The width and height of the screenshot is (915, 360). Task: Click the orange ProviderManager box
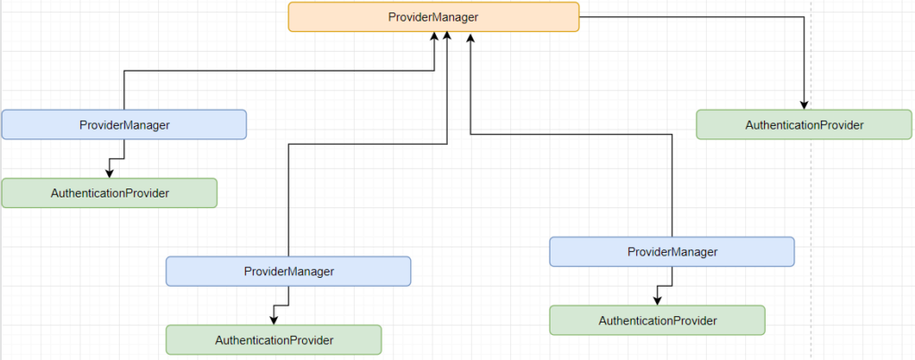433,17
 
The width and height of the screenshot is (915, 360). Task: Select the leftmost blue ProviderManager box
123,124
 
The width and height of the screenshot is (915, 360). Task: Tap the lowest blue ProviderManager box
288,271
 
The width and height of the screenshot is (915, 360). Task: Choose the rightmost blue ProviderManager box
671,252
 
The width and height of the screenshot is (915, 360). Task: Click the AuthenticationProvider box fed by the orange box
804,124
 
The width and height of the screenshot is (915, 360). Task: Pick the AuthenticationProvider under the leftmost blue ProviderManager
109,193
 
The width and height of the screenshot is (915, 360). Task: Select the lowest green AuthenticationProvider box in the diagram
273,339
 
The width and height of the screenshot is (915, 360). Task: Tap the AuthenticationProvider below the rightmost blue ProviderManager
657,320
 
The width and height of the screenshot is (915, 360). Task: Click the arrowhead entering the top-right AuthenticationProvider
804,105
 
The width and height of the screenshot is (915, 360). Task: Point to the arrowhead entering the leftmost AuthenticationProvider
109,173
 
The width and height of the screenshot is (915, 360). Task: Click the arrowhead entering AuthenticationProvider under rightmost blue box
657,300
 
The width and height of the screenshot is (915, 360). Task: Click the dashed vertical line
811,223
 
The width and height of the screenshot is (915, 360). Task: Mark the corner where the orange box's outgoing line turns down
804,17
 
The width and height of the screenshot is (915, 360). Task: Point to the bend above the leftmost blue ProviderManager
123,71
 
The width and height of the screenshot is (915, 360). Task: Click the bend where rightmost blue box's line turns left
671,133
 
